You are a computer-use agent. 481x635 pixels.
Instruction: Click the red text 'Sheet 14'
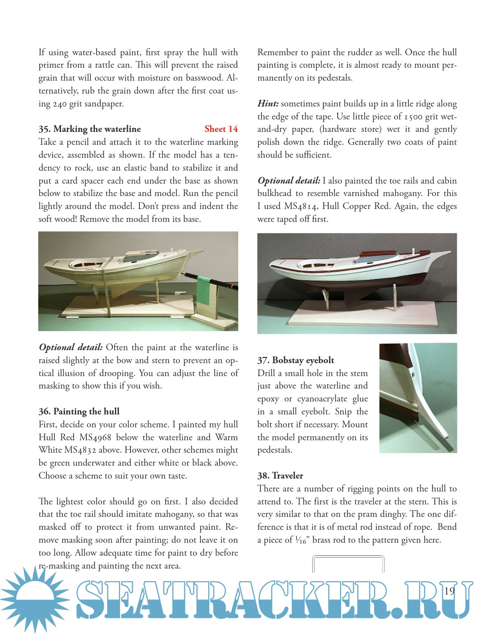pyautogui.click(x=221, y=129)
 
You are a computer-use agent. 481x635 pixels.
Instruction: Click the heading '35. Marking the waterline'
pyautogui.click(x=90, y=129)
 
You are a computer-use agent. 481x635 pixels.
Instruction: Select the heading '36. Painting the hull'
pyautogui.click(x=79, y=411)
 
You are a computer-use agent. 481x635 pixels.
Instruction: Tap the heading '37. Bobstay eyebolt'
pyautogui.click(x=295, y=360)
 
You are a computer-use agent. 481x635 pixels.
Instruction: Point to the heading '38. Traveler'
pyautogui.click(x=280, y=475)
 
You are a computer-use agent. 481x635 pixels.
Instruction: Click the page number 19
pyautogui.click(x=449, y=591)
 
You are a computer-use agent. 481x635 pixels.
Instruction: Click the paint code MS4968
pyautogui.click(x=95, y=437)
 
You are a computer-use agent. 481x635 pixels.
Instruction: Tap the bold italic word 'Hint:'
pyautogui.click(x=268, y=104)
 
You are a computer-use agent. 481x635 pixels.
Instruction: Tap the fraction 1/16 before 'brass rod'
pyautogui.click(x=302, y=541)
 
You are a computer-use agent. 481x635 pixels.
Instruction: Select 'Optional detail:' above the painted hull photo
pyautogui.click(x=289, y=181)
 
